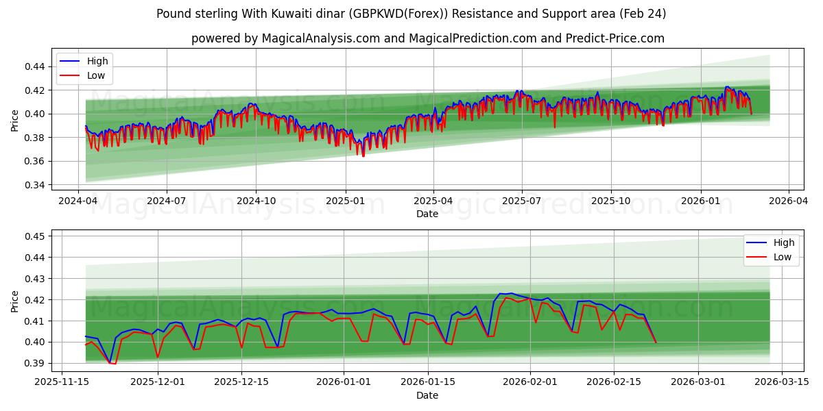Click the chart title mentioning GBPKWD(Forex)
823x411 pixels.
coord(411,14)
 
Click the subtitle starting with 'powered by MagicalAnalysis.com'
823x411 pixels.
coord(427,38)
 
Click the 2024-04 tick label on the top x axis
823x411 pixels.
coord(78,201)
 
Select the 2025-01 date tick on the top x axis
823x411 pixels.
coord(344,201)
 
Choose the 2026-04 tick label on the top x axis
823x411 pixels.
coord(788,201)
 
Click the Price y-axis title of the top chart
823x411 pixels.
coord(15,121)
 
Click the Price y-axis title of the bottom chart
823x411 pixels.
coord(15,301)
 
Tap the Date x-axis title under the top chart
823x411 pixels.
coord(427,214)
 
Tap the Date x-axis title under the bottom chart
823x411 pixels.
coord(427,395)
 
